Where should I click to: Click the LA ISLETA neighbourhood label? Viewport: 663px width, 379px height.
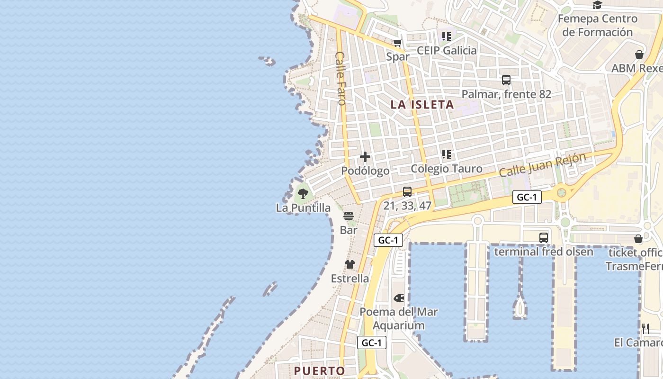click(x=422, y=105)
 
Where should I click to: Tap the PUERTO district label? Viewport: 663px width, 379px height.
click(x=320, y=370)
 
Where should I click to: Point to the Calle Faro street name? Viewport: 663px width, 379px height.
click(x=340, y=78)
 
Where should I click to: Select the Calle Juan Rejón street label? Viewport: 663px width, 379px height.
click(x=543, y=165)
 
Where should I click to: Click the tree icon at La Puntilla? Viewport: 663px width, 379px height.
click(x=303, y=193)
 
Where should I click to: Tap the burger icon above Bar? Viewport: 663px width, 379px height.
click(x=349, y=216)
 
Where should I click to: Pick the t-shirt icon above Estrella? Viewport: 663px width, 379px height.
click(x=350, y=264)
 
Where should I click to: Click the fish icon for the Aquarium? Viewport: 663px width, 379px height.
click(x=399, y=298)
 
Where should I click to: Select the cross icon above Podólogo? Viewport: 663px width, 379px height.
click(x=365, y=157)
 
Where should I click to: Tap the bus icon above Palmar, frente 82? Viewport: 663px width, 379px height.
click(x=506, y=80)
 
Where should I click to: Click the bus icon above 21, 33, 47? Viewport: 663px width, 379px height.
click(x=407, y=191)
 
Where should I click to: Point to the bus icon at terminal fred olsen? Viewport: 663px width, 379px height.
click(x=544, y=237)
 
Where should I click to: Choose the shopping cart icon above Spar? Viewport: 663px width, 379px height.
click(x=397, y=43)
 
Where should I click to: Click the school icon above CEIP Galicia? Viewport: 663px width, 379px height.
click(x=447, y=36)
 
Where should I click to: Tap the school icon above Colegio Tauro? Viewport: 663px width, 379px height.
click(x=447, y=154)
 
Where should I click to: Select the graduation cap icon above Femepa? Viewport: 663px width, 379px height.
click(x=597, y=5)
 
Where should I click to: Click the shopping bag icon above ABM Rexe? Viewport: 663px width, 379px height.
click(x=639, y=54)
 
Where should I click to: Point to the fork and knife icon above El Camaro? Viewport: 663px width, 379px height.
click(x=645, y=328)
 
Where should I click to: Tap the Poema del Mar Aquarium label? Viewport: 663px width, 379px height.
click(x=399, y=319)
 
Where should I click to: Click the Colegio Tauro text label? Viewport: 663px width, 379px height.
click(x=447, y=169)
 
